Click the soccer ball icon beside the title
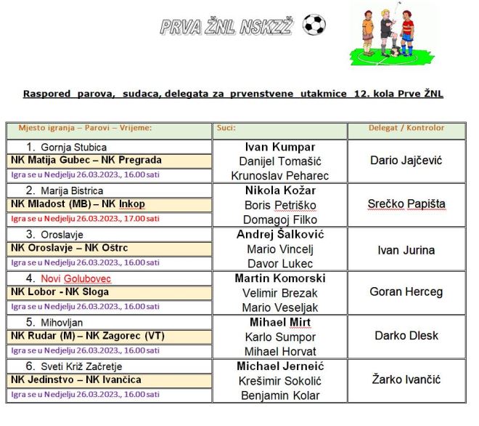314,25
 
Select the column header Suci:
226,127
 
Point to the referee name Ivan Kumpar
280,147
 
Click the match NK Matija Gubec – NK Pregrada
86,160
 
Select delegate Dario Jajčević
406,160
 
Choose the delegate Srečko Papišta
406,204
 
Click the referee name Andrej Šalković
280,234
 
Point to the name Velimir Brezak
280,293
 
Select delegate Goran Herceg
406,292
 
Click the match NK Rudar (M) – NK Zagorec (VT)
88,336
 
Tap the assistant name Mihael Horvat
280,351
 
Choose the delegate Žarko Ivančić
406,379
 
